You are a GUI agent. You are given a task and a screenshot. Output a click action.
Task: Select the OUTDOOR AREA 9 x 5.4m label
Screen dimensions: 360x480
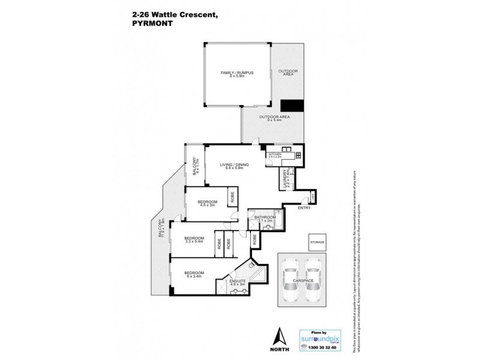coord(274,118)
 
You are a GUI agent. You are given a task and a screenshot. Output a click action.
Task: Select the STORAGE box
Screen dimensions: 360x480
coord(317,242)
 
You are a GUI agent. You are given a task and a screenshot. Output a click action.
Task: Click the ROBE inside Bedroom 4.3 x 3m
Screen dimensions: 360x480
coord(230,196)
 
